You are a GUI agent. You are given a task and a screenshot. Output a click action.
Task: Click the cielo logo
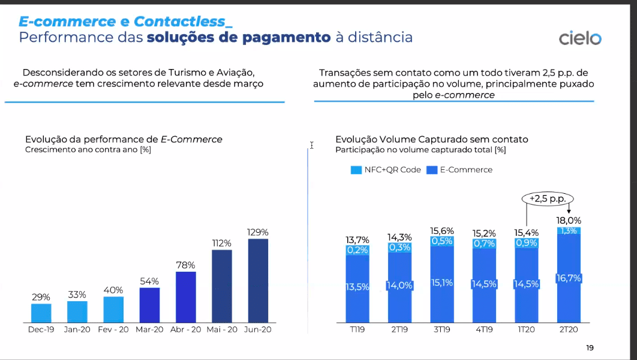click(579, 38)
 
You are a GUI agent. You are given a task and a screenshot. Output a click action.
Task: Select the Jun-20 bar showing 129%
click(258, 280)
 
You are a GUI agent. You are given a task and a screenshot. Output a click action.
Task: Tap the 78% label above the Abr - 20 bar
click(185, 265)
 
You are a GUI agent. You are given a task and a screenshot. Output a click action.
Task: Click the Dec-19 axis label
click(41, 329)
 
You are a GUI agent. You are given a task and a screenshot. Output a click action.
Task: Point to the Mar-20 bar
click(149, 305)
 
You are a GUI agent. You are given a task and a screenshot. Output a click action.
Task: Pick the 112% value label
click(221, 243)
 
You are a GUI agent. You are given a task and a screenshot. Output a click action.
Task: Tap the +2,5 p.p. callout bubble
click(547, 198)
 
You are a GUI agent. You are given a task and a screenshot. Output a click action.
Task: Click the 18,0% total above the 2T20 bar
click(569, 220)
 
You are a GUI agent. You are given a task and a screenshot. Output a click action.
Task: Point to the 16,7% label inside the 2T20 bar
click(569, 278)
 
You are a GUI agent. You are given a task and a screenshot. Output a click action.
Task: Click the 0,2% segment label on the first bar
click(357, 250)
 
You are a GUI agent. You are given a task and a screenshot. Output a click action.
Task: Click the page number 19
click(590, 348)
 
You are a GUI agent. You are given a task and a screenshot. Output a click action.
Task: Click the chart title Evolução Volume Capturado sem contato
click(432, 139)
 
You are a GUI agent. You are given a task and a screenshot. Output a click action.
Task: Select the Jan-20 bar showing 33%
click(77, 311)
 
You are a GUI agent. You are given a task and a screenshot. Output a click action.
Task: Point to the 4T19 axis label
click(484, 329)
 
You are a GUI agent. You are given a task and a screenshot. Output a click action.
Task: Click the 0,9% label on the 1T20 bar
click(526, 243)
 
